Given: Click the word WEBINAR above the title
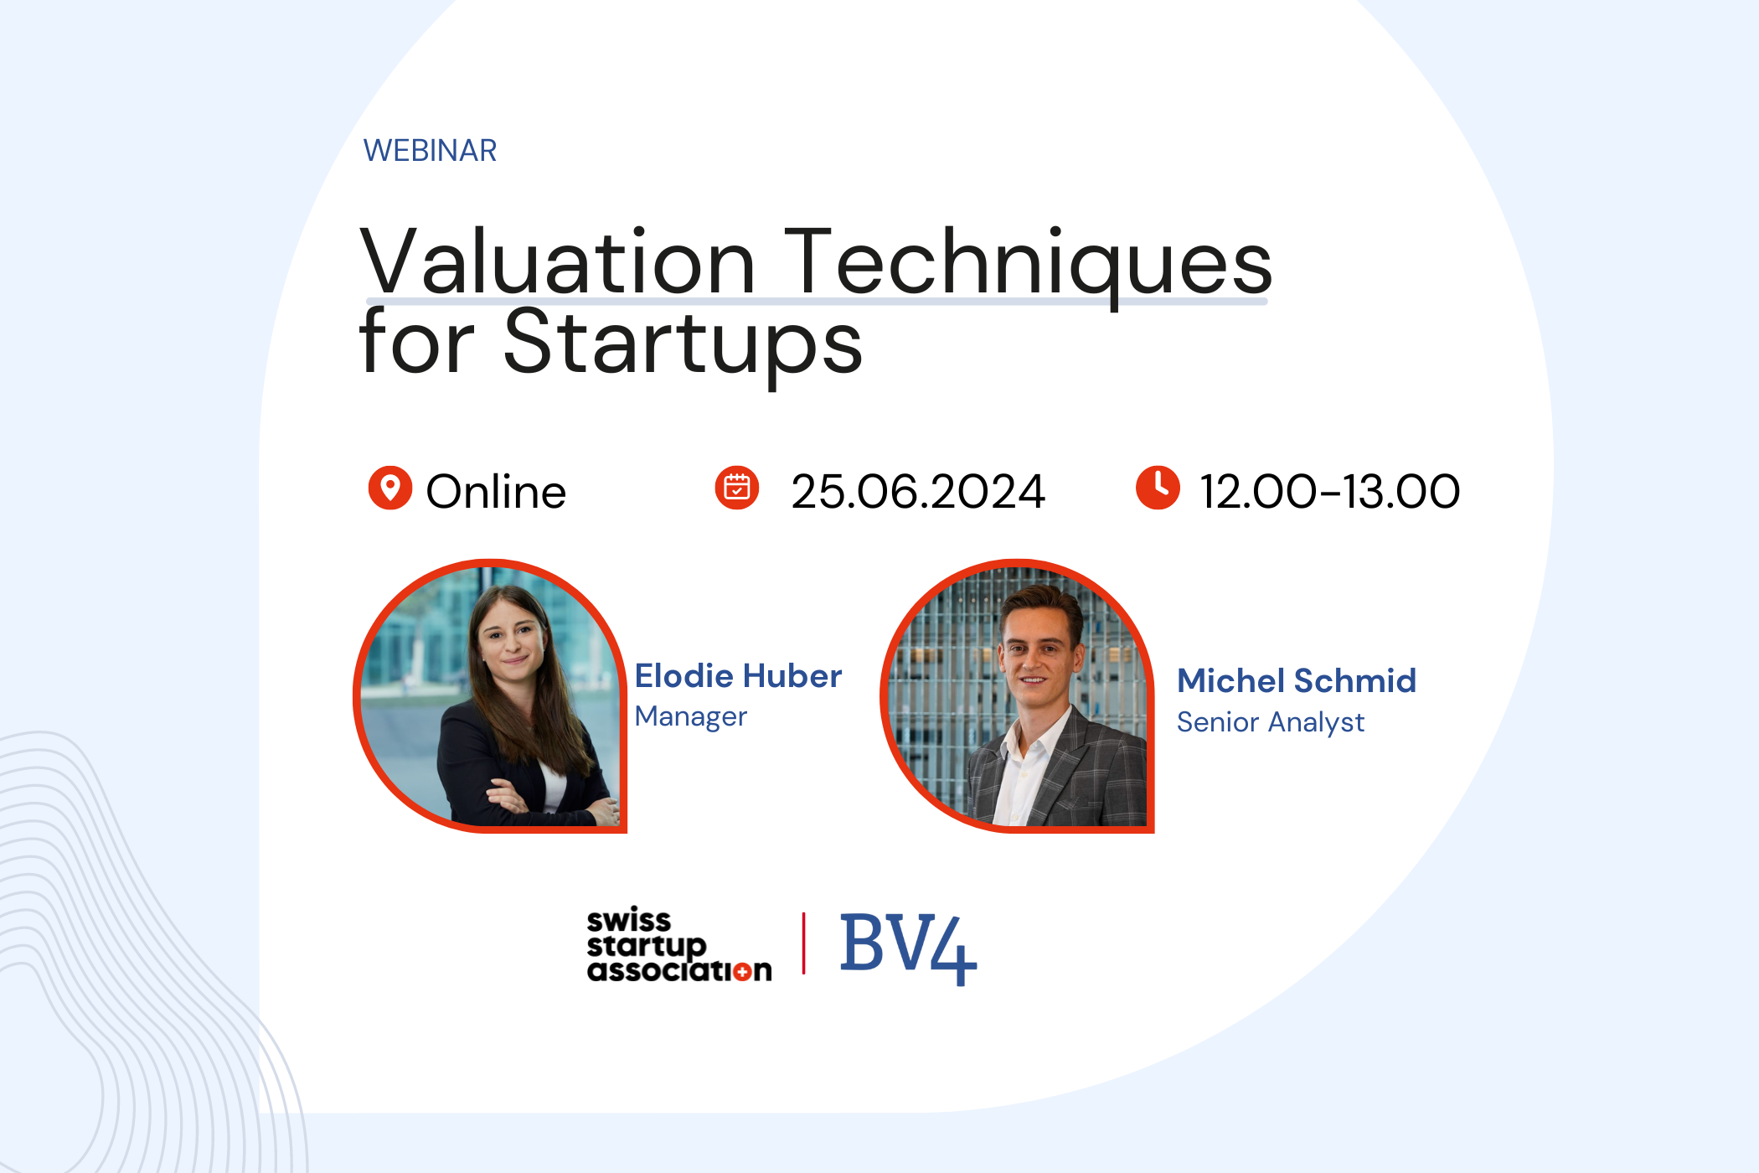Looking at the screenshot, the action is click(x=430, y=151).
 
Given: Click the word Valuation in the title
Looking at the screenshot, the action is click(x=558, y=261).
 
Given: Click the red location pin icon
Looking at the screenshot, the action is click(x=390, y=488).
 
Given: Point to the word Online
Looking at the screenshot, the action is click(x=496, y=491).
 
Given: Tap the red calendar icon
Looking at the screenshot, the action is click(x=737, y=488).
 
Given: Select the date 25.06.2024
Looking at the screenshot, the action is click(x=918, y=491).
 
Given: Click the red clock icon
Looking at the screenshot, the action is click(x=1158, y=488).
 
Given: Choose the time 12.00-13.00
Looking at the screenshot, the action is click(x=1330, y=491).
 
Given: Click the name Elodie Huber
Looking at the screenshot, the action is click(x=738, y=675).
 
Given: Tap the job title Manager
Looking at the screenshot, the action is click(x=691, y=716).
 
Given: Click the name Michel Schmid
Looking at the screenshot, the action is click(x=1297, y=680).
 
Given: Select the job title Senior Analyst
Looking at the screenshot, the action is click(x=1271, y=722).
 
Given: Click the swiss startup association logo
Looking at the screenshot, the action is click(x=679, y=944).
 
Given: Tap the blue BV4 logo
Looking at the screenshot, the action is click(x=908, y=948).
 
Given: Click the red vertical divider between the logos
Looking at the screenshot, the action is click(x=804, y=943).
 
